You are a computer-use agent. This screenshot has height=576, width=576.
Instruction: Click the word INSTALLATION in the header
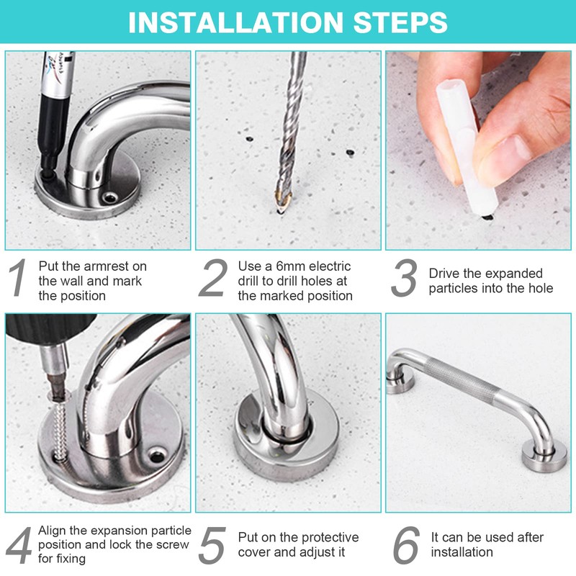[x=235, y=23]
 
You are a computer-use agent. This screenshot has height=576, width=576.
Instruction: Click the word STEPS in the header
[x=400, y=23]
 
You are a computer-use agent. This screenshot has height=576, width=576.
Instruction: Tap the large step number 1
[x=18, y=278]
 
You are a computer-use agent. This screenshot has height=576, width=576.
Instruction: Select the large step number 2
[x=213, y=278]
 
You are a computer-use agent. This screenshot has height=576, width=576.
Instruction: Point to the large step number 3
[x=405, y=278]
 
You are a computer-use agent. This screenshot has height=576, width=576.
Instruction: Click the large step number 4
[x=19, y=545]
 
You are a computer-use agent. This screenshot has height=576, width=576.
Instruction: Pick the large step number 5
[x=212, y=545]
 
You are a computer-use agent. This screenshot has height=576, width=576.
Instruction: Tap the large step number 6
[x=406, y=545]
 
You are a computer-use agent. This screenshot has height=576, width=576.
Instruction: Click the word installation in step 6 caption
[x=462, y=552]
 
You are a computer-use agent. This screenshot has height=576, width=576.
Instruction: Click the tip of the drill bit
[x=282, y=210]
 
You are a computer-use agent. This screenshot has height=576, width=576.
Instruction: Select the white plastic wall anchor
[x=467, y=147]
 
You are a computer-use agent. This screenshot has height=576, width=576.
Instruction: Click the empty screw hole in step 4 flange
[x=157, y=456]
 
